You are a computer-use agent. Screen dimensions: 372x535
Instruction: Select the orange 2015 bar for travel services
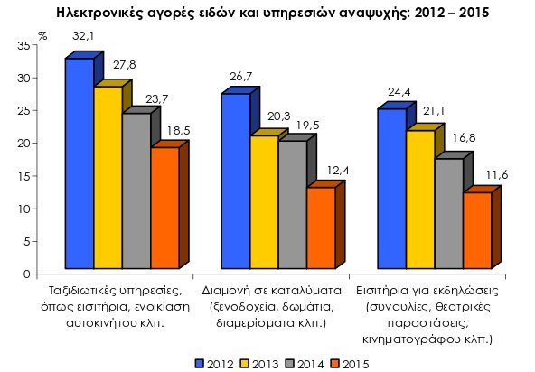click(164, 209)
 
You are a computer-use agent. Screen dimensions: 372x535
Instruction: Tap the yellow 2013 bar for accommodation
click(264, 203)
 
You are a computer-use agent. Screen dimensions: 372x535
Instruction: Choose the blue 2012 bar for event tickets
click(391, 190)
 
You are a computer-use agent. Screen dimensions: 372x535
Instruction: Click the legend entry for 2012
click(213, 363)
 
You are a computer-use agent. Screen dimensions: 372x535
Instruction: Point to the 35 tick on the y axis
click(24, 45)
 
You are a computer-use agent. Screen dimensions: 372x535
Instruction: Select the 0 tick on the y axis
click(28, 274)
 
